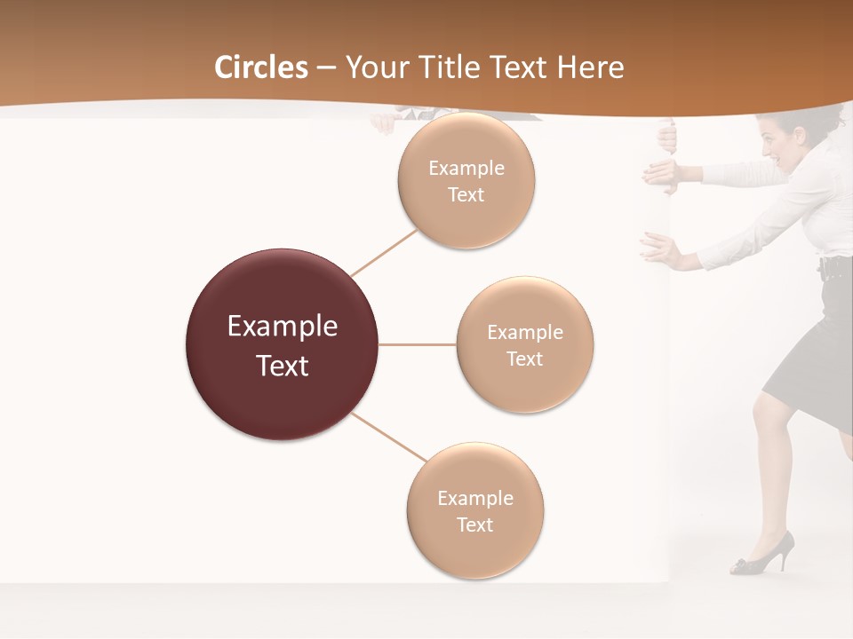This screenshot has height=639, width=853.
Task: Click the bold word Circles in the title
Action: (260, 67)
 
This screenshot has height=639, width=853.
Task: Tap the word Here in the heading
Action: (590, 67)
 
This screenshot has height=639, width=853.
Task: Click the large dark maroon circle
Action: (283, 344)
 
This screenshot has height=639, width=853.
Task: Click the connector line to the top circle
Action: (385, 251)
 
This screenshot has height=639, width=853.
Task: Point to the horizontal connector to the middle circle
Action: (418, 344)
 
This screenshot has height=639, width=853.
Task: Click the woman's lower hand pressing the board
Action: (658, 249)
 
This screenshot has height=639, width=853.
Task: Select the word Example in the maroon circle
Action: (283, 327)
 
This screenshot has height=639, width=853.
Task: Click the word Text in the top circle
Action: (466, 195)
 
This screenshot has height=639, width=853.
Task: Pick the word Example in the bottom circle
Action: (475, 499)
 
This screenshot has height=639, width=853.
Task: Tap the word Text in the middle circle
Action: (525, 359)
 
